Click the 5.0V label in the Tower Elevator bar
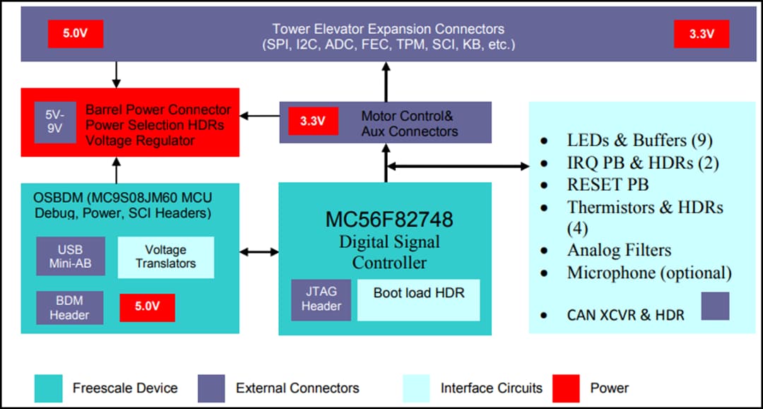(76, 33)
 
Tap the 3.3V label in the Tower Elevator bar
(701, 34)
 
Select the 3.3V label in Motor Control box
(312, 121)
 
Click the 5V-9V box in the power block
(55, 122)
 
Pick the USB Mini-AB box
(71, 256)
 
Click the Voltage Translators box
(165, 256)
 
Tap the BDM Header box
(70, 307)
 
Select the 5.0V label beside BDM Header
(147, 308)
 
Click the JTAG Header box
(321, 300)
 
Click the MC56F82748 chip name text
(389, 219)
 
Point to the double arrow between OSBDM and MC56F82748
(259, 251)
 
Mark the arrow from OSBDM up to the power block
(116, 170)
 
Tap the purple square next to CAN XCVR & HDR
(715, 307)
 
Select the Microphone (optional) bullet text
(649, 273)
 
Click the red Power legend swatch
(567, 388)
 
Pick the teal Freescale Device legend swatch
(49, 388)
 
